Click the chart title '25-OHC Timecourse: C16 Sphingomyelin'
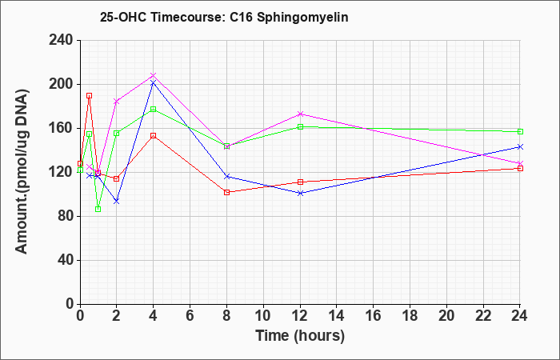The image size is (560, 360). (x=224, y=17)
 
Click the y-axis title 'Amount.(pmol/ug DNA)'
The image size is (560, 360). (x=22, y=172)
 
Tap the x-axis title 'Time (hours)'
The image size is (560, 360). (x=300, y=336)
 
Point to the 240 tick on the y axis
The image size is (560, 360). (x=64, y=40)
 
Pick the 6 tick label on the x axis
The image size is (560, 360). (x=190, y=316)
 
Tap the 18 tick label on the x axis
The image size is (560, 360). (x=410, y=316)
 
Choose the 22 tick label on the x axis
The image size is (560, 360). (x=483, y=316)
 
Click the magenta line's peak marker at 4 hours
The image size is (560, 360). (x=154, y=75)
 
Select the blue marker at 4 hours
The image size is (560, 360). (x=154, y=83)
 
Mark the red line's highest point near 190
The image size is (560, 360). (x=90, y=96)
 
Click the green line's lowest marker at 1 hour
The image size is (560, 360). (x=98, y=210)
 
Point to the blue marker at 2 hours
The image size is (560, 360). (x=117, y=202)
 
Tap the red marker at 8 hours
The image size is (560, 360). (x=226, y=192)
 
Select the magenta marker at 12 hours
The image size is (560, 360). (x=300, y=114)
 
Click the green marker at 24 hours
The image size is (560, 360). (x=520, y=131)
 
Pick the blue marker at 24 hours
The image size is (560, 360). (x=520, y=146)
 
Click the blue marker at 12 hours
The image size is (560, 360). (x=300, y=194)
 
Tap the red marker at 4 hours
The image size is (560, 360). (x=154, y=136)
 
